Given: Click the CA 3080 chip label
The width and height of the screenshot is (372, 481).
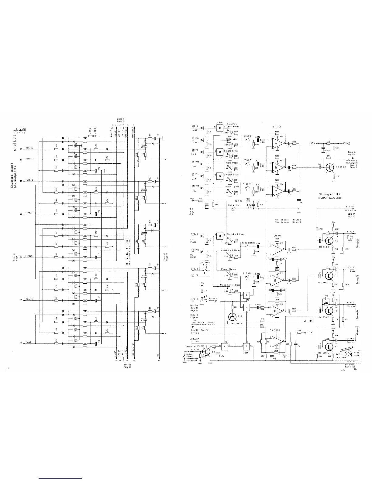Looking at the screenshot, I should (274, 330).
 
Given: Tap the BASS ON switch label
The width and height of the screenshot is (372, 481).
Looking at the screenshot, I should (233, 205).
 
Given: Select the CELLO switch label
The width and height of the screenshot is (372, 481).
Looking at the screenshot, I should (247, 136).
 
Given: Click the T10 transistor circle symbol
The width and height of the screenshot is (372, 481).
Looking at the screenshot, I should (232, 317).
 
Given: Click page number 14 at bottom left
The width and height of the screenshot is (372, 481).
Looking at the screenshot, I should (8, 368).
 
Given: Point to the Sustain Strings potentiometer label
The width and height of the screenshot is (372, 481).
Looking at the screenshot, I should (213, 299).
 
